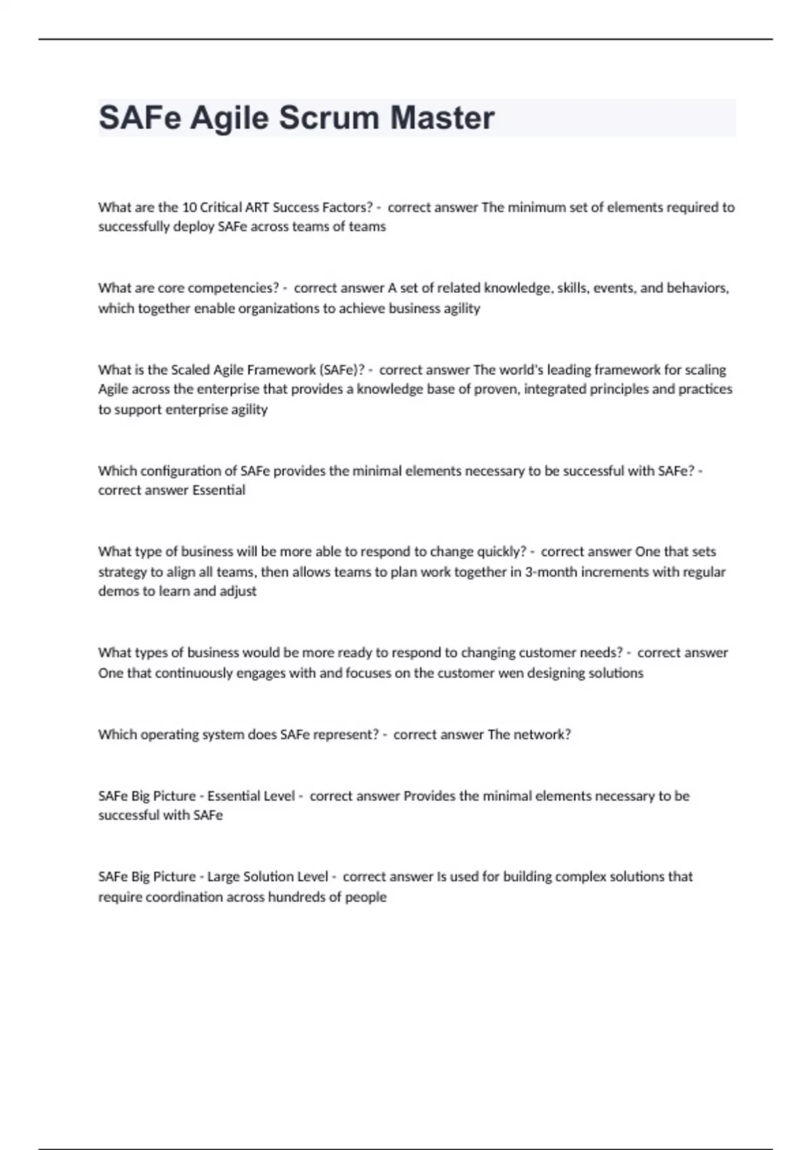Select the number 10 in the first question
(189, 207)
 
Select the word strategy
(122, 572)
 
